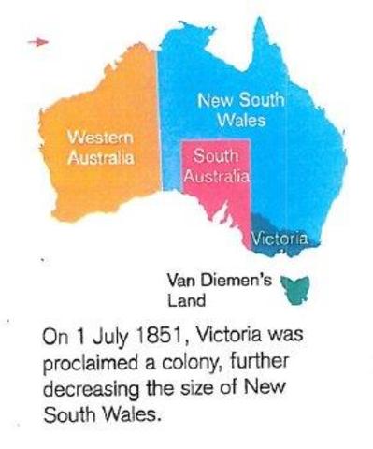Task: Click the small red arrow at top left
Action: point(36,41)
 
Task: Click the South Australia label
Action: point(215,167)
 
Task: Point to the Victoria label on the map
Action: point(280,239)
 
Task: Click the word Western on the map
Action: point(100,138)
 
